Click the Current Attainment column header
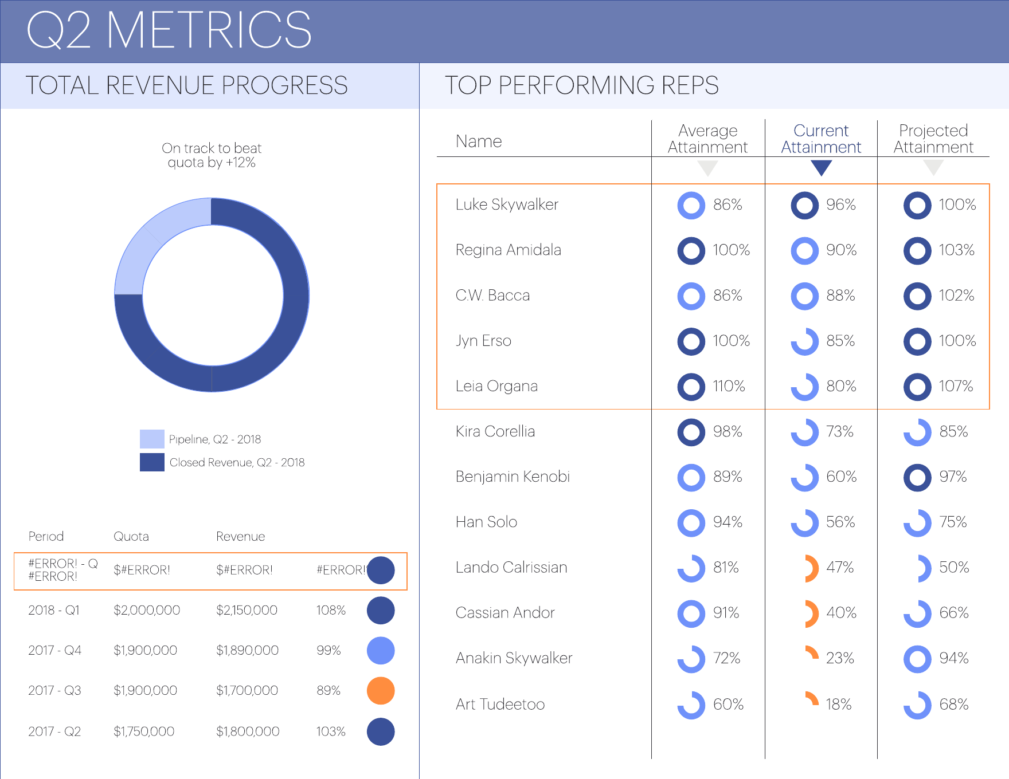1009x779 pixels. click(x=821, y=139)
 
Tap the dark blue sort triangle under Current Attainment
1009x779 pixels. click(x=821, y=168)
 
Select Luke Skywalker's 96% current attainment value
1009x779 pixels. click(x=840, y=205)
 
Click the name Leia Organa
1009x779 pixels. click(x=496, y=386)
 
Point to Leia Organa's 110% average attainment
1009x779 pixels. click(x=729, y=386)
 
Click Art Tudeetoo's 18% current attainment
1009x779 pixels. click(x=839, y=704)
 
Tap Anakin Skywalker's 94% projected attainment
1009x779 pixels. click(x=954, y=659)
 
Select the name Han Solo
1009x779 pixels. click(x=486, y=522)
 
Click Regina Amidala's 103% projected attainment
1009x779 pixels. click(x=956, y=250)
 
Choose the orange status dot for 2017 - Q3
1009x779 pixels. click(x=381, y=691)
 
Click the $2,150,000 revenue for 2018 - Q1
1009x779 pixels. click(x=247, y=611)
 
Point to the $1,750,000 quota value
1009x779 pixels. click(x=144, y=731)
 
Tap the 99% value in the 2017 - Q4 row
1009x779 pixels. click(x=328, y=651)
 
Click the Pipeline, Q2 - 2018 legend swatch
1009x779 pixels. click(x=152, y=439)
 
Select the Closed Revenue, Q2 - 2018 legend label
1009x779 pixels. click(x=237, y=463)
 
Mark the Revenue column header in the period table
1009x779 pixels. click(x=240, y=537)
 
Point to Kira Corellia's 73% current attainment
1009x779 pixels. click(x=840, y=432)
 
